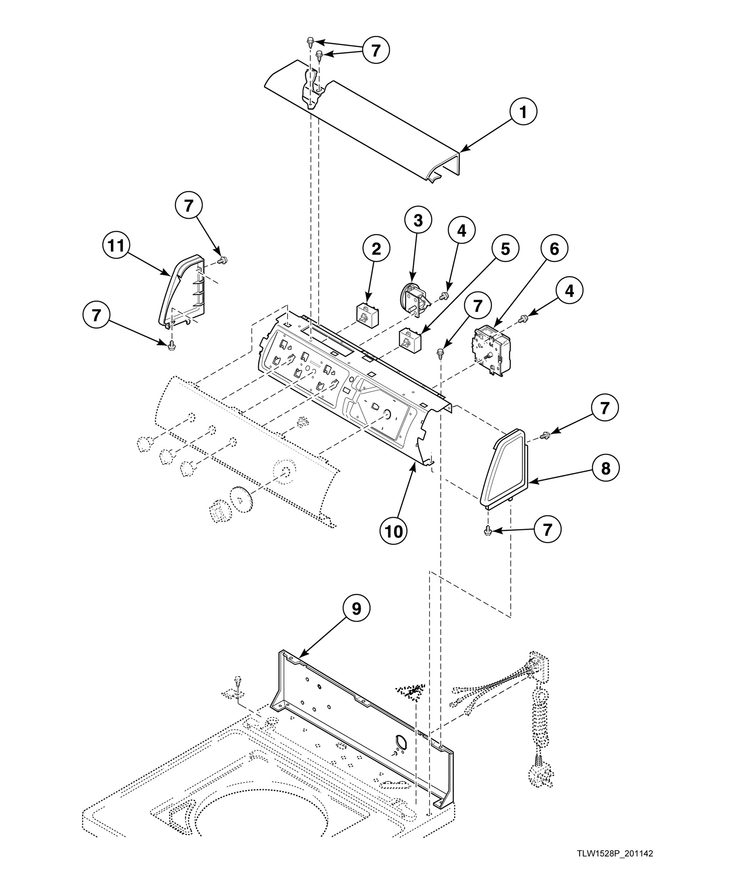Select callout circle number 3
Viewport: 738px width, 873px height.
point(418,221)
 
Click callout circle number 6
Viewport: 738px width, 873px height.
point(554,249)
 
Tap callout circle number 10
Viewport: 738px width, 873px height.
point(394,531)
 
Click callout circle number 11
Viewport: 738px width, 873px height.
point(117,247)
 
